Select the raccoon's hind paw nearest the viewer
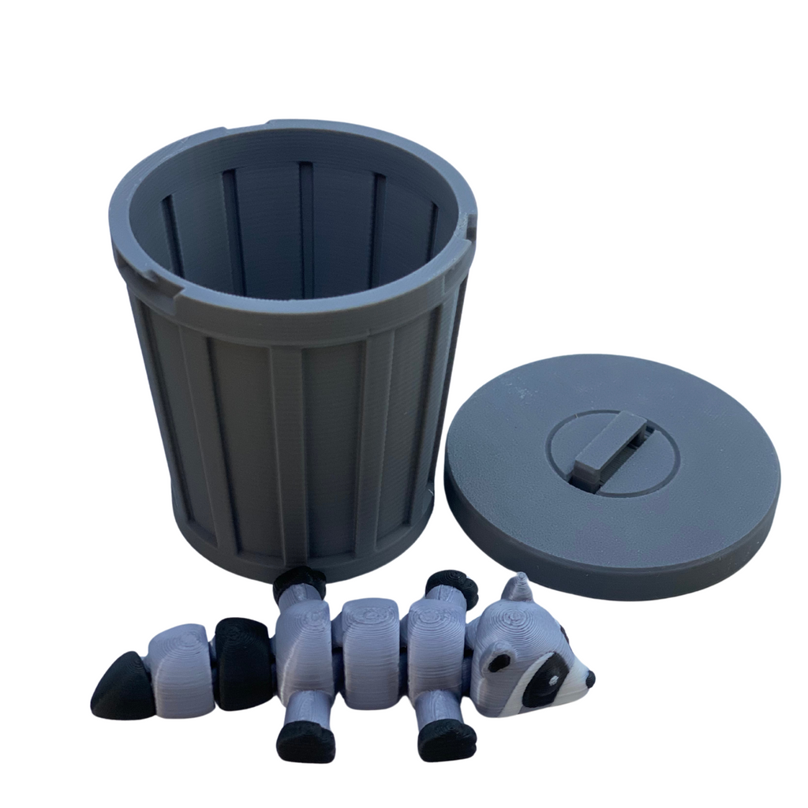(x=306, y=741)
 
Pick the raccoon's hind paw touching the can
(x=299, y=582)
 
